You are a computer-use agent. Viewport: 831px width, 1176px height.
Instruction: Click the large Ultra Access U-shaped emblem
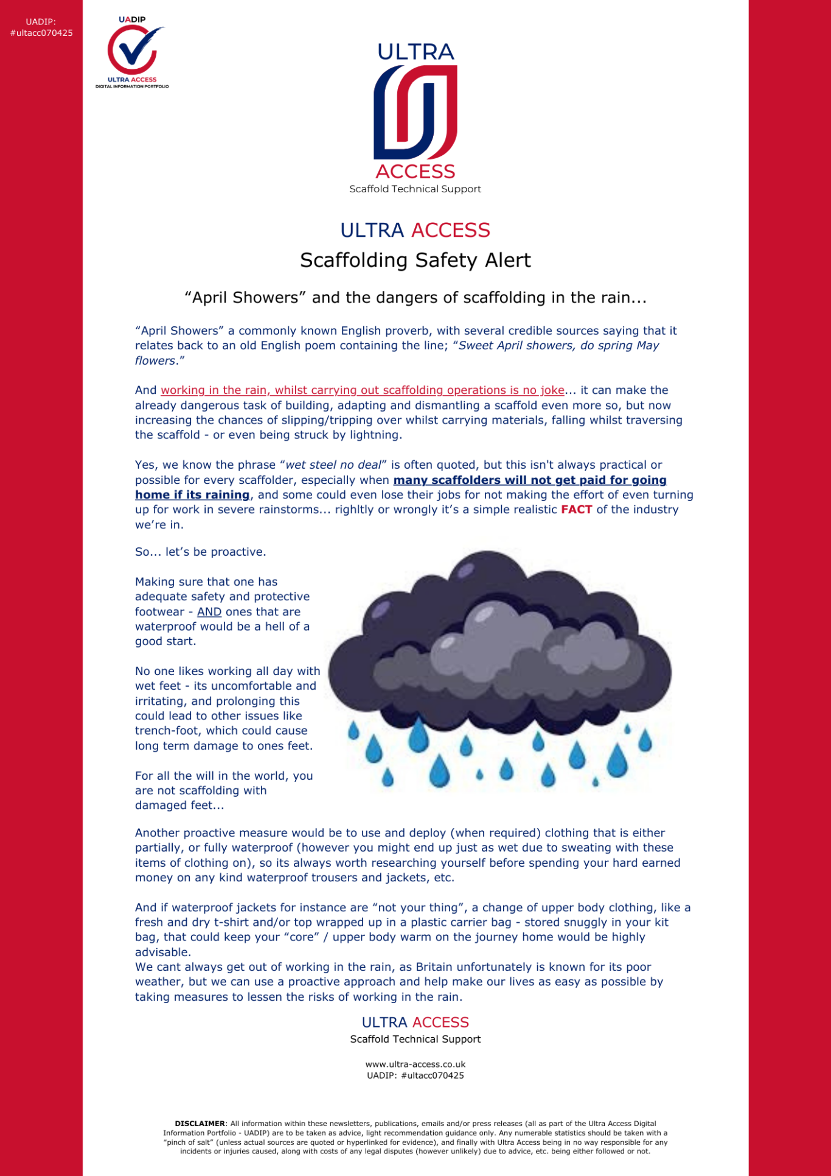point(415,112)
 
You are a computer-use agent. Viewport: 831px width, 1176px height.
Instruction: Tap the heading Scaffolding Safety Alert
point(415,261)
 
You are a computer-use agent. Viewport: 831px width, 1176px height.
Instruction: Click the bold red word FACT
point(576,509)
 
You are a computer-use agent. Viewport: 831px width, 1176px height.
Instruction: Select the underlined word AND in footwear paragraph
point(209,612)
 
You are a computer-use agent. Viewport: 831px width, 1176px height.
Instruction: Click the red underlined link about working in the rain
point(363,390)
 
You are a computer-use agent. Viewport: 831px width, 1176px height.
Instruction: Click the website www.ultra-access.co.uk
point(415,1065)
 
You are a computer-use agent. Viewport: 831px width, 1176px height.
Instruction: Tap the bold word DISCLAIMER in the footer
point(200,1124)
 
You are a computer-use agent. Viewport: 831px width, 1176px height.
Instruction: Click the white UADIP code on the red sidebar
point(41,27)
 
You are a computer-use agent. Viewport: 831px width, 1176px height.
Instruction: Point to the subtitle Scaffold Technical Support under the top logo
point(415,189)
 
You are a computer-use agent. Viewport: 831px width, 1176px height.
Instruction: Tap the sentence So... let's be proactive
point(201,552)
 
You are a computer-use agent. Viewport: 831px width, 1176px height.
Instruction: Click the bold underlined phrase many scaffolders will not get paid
point(530,480)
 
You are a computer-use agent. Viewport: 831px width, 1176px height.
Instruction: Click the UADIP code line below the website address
point(415,1076)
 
